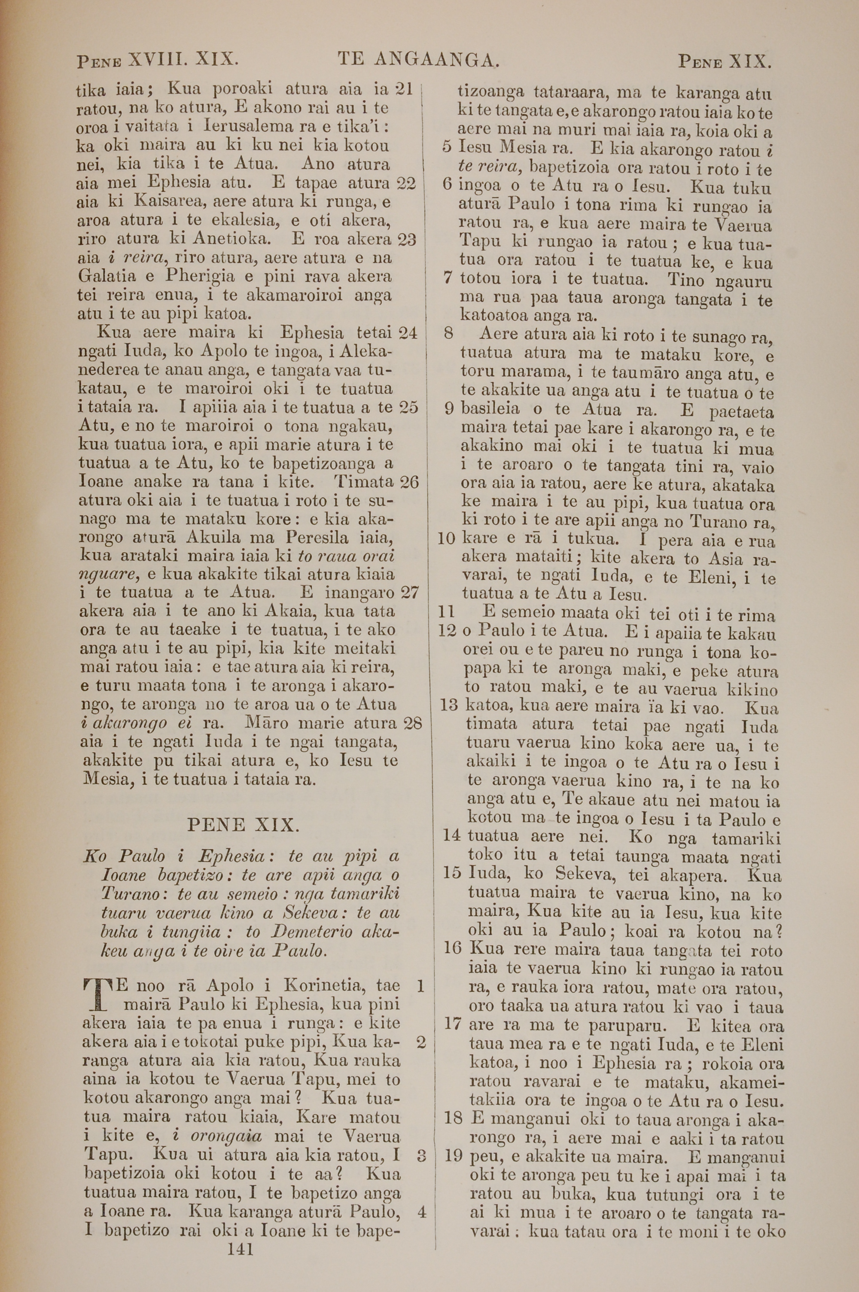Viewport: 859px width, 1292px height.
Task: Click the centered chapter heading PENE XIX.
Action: (x=243, y=825)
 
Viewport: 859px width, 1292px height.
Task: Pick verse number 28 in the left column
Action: (x=411, y=723)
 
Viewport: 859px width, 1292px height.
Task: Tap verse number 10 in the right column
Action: (x=447, y=538)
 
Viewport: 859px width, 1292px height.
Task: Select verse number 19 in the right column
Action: (x=454, y=1157)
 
